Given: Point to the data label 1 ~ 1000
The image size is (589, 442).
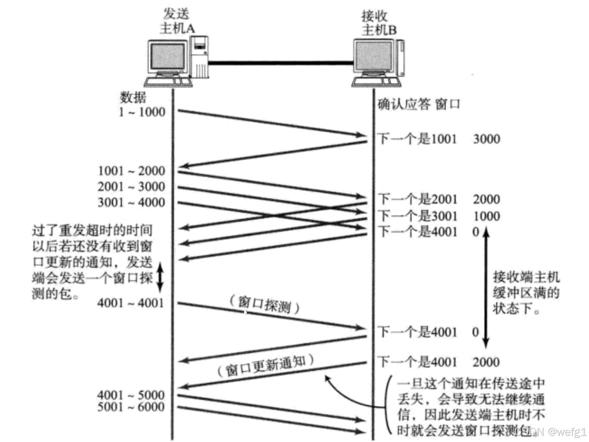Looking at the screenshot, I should (142, 111).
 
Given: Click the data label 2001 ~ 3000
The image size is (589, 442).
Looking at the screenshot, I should (132, 187).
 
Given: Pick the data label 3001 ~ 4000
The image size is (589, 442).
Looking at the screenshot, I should (132, 203).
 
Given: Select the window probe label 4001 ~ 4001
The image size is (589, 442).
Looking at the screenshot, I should (132, 304).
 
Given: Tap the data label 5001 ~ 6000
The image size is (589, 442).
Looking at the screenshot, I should (132, 407).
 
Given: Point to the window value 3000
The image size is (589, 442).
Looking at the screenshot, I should (487, 139).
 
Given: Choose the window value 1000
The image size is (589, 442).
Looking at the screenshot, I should (487, 216).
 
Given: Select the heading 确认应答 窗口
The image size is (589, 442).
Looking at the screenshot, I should (418, 104).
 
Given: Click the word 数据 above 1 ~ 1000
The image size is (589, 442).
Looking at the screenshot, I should (132, 97).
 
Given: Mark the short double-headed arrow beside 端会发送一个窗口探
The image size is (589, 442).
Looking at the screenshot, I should (160, 276).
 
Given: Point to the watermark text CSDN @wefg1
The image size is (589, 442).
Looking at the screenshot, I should (550, 431).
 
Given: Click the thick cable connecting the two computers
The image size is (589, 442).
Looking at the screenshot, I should (280, 63).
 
